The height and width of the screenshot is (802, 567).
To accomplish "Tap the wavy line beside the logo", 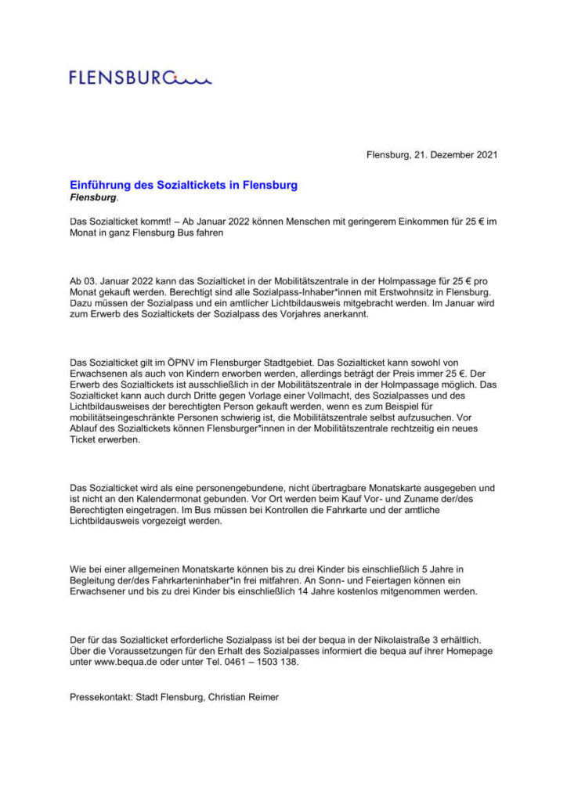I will click(193, 78).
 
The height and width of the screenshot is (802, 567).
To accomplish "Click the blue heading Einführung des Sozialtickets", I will click(184, 186).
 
